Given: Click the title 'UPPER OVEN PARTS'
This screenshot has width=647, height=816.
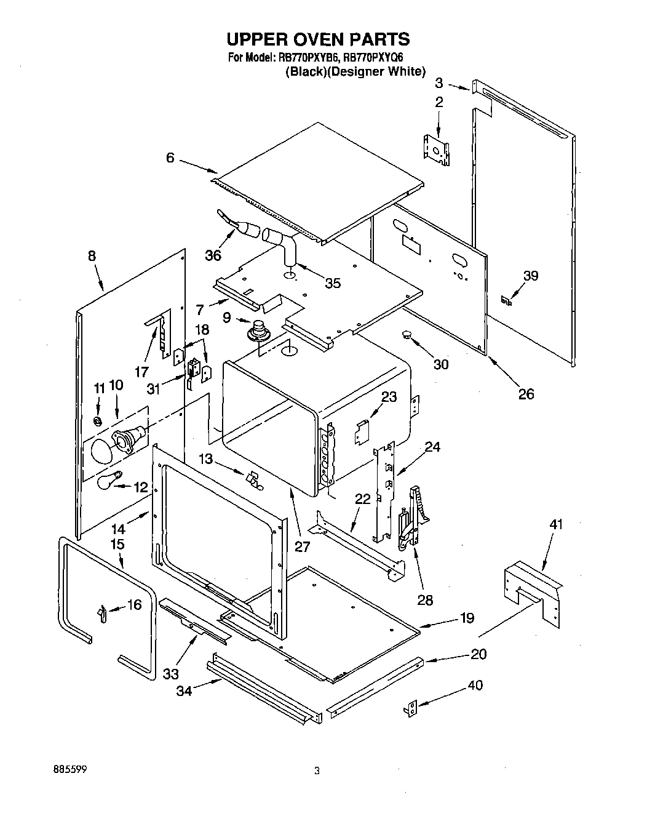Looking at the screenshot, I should pos(318,39).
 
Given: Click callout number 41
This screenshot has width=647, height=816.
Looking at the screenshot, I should pos(556,524).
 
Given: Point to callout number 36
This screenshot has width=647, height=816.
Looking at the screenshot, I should pos(213,255).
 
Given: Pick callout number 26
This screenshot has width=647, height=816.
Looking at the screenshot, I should pos(526,394).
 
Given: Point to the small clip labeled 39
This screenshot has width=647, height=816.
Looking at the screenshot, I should pos(507,301).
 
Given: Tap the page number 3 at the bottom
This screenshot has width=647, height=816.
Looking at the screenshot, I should pos(317,770).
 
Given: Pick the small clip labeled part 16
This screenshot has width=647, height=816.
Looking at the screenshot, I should pos(101,612).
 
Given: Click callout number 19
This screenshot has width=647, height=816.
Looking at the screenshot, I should pos(467,618).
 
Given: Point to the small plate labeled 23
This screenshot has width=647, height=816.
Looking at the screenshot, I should pos(362,431).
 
